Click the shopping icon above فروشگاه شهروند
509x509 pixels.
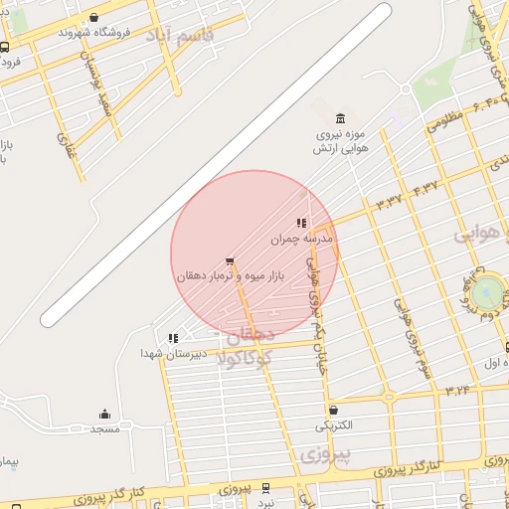coord(93,17)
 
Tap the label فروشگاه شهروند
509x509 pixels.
coord(93,32)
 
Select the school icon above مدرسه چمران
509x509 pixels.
coord(301,224)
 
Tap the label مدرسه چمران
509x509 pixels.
coord(301,240)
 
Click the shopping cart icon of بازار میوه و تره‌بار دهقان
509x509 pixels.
coord(230,261)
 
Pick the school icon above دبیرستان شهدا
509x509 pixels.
coord(174,338)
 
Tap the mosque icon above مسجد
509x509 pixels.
coord(104,414)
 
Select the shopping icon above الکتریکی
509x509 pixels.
coord(332,410)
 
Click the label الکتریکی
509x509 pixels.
coord(332,424)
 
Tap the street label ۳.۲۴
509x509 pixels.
coord(456,389)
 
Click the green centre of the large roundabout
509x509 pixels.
coord(487,292)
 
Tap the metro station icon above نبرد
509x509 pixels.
coord(265,487)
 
